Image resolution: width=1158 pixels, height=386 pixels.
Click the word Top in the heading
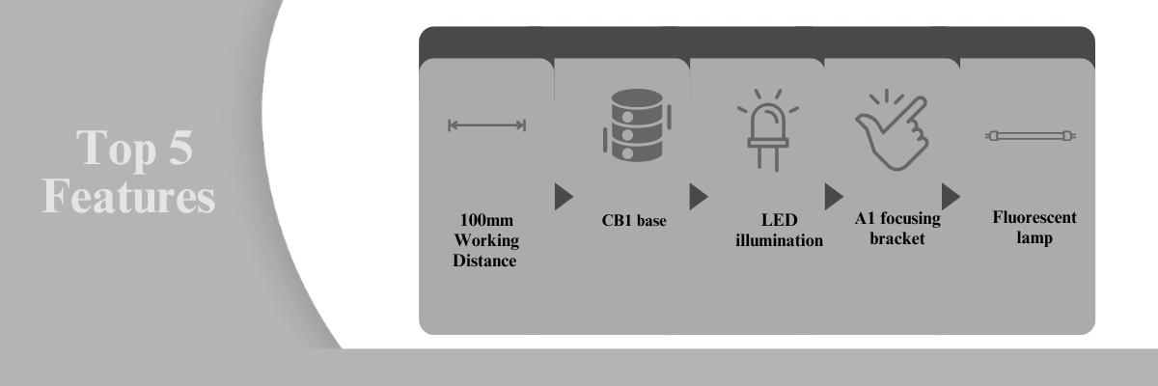coord(117,149)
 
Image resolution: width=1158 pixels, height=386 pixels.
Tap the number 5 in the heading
coord(181,148)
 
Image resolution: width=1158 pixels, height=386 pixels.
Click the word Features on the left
coord(128,196)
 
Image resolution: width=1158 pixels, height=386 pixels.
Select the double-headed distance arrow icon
coord(487,125)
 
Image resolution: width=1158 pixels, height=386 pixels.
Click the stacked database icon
coord(637,125)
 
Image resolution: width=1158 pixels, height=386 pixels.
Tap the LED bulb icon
coord(768,129)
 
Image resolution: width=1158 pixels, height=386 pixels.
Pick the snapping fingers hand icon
coord(893,130)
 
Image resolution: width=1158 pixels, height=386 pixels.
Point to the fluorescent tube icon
coord(1031,136)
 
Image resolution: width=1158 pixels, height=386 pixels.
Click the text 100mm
coord(486,220)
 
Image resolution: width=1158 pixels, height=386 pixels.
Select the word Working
coord(486,241)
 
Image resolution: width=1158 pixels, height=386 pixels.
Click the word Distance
coord(484,261)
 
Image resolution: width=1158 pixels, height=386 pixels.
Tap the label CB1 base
coord(634,221)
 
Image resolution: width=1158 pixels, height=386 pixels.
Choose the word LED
coord(779,220)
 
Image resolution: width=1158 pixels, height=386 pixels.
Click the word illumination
coord(779,240)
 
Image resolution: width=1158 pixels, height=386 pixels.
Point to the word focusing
coord(910,219)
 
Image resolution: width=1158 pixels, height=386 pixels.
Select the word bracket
coord(896,238)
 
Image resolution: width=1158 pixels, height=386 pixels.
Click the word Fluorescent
coord(1034,217)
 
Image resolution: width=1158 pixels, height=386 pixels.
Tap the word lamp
coord(1034,238)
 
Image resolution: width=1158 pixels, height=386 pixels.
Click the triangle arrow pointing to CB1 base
coord(564,196)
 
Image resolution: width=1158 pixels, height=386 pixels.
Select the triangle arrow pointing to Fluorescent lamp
coord(951,196)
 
